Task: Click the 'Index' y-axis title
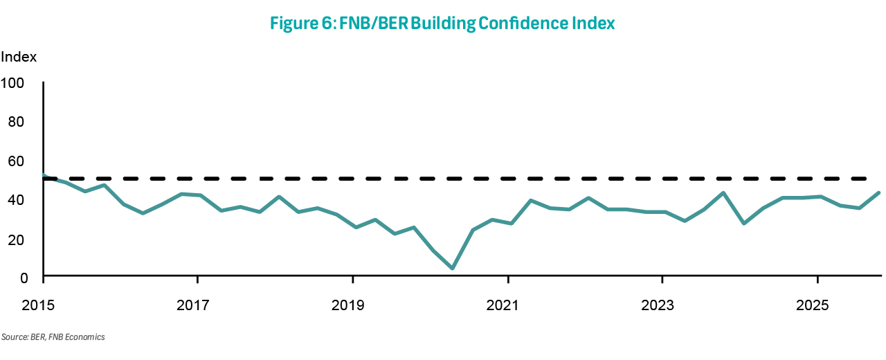19,57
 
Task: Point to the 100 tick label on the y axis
13,82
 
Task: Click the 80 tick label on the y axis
16,121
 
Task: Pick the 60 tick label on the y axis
16,161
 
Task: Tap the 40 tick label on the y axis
16,199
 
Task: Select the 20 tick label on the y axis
16,239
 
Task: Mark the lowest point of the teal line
452,268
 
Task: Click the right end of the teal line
878,193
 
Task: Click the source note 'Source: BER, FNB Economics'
53,337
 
